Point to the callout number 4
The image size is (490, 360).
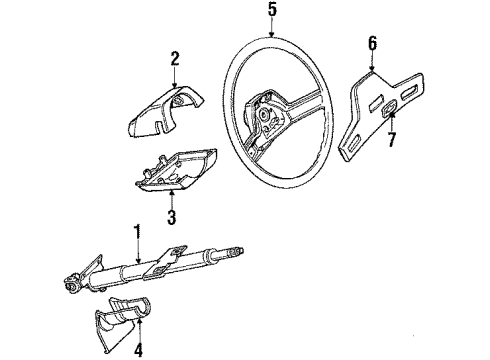tap(137, 348)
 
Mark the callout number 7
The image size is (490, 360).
tap(392, 139)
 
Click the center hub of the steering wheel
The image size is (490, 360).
tap(268, 118)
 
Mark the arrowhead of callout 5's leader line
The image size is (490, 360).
tap(271, 37)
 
